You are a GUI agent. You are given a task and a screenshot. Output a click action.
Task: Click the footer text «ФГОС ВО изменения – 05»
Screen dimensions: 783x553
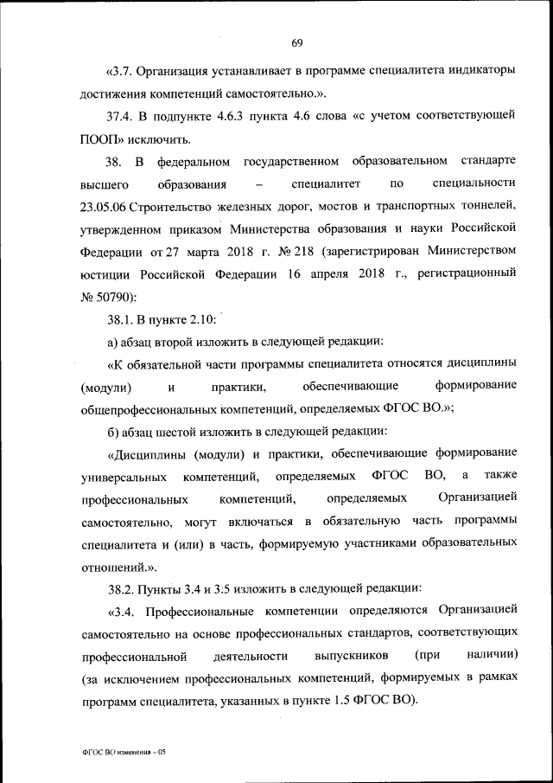(x=121, y=753)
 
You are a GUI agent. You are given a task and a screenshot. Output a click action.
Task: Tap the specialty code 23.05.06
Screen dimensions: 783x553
(x=110, y=206)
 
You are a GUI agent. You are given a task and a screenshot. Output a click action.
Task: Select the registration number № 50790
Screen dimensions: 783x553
(x=109, y=297)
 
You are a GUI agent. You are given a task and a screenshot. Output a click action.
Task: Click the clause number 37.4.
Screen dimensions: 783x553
(x=121, y=115)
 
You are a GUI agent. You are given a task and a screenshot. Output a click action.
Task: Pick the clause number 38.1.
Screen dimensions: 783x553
(x=122, y=319)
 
